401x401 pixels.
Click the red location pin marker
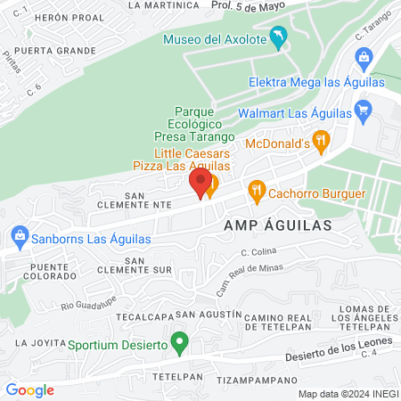point(198,183)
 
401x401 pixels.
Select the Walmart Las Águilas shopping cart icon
point(363,111)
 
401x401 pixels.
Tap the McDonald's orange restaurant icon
point(322,141)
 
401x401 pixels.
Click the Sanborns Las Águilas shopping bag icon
point(19,237)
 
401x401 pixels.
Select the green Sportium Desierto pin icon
point(180,341)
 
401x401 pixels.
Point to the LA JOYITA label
point(41,342)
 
